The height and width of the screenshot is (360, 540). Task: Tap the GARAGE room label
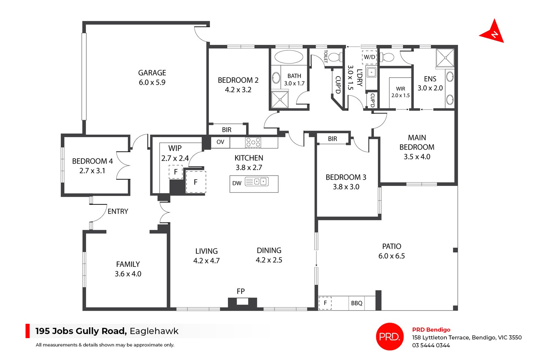coord(152,73)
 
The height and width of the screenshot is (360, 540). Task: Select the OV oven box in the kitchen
coord(220,142)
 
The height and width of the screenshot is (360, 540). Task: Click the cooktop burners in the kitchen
coord(253,142)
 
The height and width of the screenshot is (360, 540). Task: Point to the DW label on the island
coord(237,183)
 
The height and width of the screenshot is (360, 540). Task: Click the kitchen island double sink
coord(261,182)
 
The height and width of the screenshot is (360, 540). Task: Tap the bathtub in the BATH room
coord(289,57)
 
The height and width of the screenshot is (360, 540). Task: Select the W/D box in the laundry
coord(369,57)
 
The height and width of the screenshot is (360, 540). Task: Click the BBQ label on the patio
coord(357,303)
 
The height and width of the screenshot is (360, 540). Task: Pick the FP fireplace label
coord(241,291)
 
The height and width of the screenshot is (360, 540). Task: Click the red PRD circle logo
coord(390,336)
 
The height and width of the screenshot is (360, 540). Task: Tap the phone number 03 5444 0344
coord(431,345)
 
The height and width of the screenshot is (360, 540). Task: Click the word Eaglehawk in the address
coord(154,331)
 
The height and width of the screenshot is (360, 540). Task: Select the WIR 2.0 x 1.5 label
coord(401,92)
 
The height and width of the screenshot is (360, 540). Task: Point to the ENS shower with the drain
coord(445,58)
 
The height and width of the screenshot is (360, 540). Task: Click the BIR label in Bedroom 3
coord(332,139)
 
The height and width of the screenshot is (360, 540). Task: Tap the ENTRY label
coord(118,212)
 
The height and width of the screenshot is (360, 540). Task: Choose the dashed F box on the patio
coord(325,303)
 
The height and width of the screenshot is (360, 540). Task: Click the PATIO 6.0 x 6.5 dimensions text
coord(391,256)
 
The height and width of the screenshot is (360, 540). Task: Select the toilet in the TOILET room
coord(335,57)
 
